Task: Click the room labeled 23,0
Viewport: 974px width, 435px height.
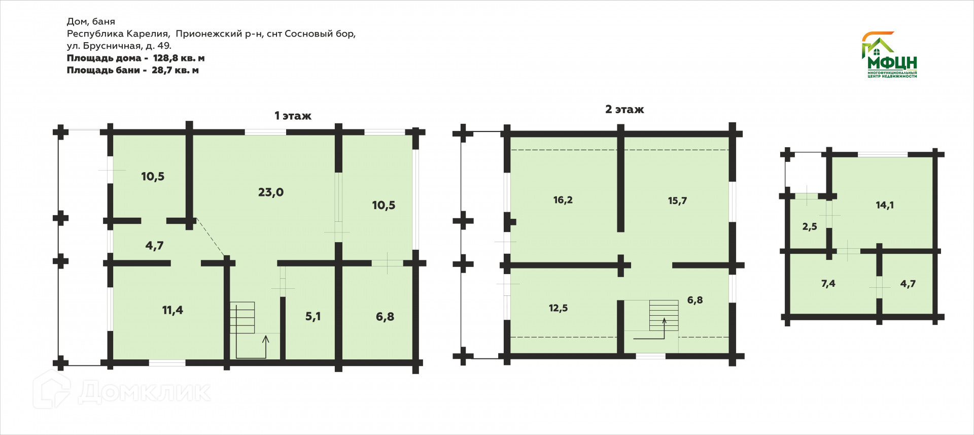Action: [x=270, y=192]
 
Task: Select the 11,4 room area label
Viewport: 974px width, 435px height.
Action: [x=172, y=310]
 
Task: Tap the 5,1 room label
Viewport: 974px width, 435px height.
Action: [x=312, y=316]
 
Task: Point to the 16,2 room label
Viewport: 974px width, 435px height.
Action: [x=563, y=200]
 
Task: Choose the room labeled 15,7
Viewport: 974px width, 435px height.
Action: [x=677, y=200]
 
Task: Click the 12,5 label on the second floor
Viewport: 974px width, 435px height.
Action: [x=558, y=308]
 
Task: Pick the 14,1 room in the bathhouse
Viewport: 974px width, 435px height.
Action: [x=885, y=205]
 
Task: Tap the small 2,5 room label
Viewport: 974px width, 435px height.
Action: [x=810, y=227]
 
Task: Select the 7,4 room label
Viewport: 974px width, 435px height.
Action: [x=828, y=284]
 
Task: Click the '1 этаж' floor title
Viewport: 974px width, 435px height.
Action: [x=293, y=116]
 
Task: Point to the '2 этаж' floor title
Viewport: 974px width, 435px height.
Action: [x=624, y=109]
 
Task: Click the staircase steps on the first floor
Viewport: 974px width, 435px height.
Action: [x=242, y=318]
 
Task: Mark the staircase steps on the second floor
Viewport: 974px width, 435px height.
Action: [x=664, y=315]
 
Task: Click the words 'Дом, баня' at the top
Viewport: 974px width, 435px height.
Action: [x=91, y=21]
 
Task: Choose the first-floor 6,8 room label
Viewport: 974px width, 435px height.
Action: [x=385, y=317]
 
